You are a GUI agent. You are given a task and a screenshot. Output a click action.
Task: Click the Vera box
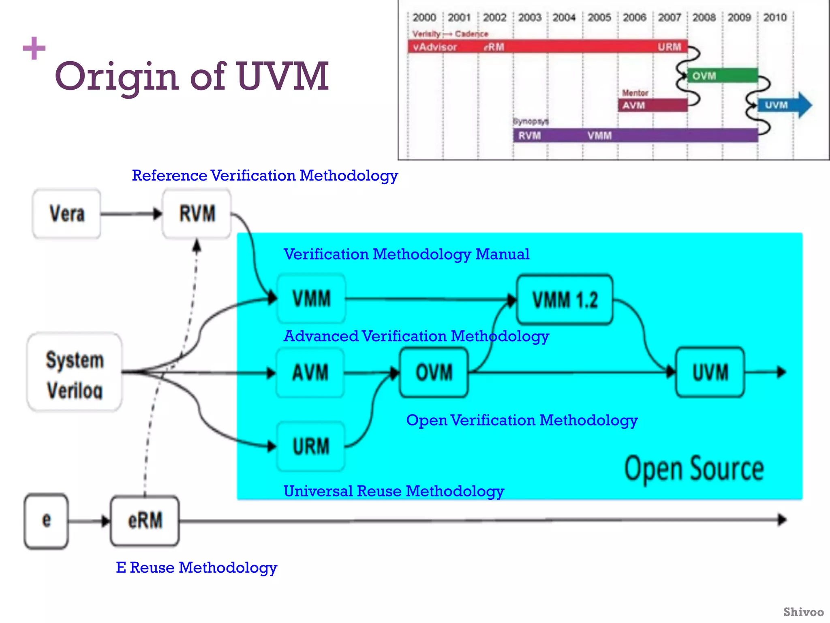click(x=67, y=214)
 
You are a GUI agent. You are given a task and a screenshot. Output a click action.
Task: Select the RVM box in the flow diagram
click(x=197, y=214)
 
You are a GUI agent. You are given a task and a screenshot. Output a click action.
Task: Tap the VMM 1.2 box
click(x=565, y=300)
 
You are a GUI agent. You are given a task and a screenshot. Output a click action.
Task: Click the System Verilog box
click(x=75, y=372)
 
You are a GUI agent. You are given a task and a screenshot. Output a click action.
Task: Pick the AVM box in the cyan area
click(x=310, y=373)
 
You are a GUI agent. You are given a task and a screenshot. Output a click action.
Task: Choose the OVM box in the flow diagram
click(x=434, y=373)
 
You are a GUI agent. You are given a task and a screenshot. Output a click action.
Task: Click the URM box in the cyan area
click(x=311, y=446)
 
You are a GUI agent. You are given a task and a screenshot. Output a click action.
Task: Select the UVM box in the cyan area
click(x=710, y=372)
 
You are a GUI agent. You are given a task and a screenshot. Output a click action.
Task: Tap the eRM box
click(x=145, y=521)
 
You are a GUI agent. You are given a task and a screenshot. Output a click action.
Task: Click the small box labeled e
click(x=46, y=521)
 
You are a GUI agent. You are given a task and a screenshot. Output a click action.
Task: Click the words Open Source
click(x=694, y=469)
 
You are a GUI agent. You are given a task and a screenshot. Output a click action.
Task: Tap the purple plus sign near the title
click(x=34, y=48)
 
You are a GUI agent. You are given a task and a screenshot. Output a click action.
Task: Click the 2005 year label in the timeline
click(x=599, y=17)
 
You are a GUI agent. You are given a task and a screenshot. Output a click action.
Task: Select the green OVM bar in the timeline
click(x=722, y=76)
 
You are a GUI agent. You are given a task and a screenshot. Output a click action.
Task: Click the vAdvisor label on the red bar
click(x=435, y=47)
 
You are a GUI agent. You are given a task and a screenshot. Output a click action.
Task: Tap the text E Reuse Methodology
click(x=197, y=567)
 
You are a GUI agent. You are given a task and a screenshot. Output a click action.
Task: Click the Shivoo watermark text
click(x=803, y=612)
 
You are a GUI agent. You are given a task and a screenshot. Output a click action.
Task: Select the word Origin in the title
click(x=117, y=77)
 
